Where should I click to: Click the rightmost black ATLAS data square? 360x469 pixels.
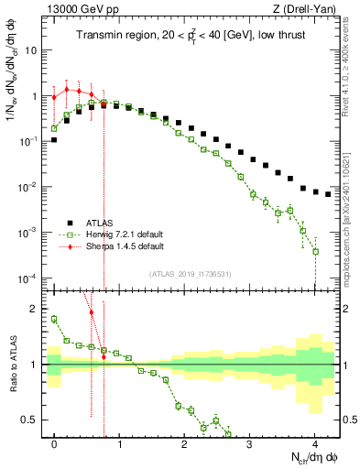point(328,194)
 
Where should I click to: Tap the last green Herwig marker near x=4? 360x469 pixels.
point(315,251)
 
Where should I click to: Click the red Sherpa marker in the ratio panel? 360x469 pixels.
point(91,312)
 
